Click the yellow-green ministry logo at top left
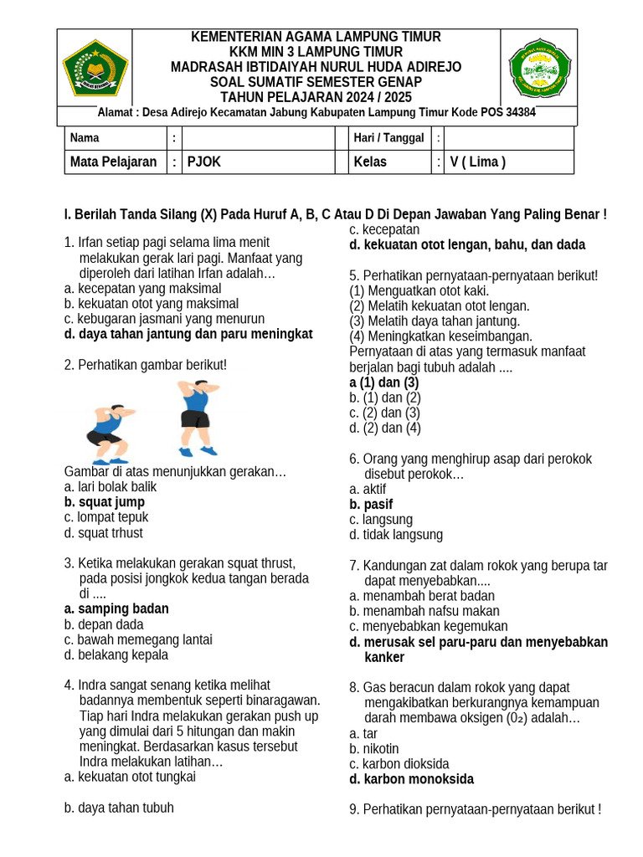[95, 68]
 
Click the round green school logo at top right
[539, 68]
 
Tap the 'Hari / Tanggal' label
[388, 138]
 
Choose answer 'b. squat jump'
[105, 502]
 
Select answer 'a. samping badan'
[116, 608]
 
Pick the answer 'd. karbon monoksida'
[411, 779]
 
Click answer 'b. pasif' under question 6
[371, 505]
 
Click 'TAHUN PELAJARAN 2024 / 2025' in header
[316, 97]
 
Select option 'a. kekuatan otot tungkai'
[130, 777]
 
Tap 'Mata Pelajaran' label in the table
[114, 162]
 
